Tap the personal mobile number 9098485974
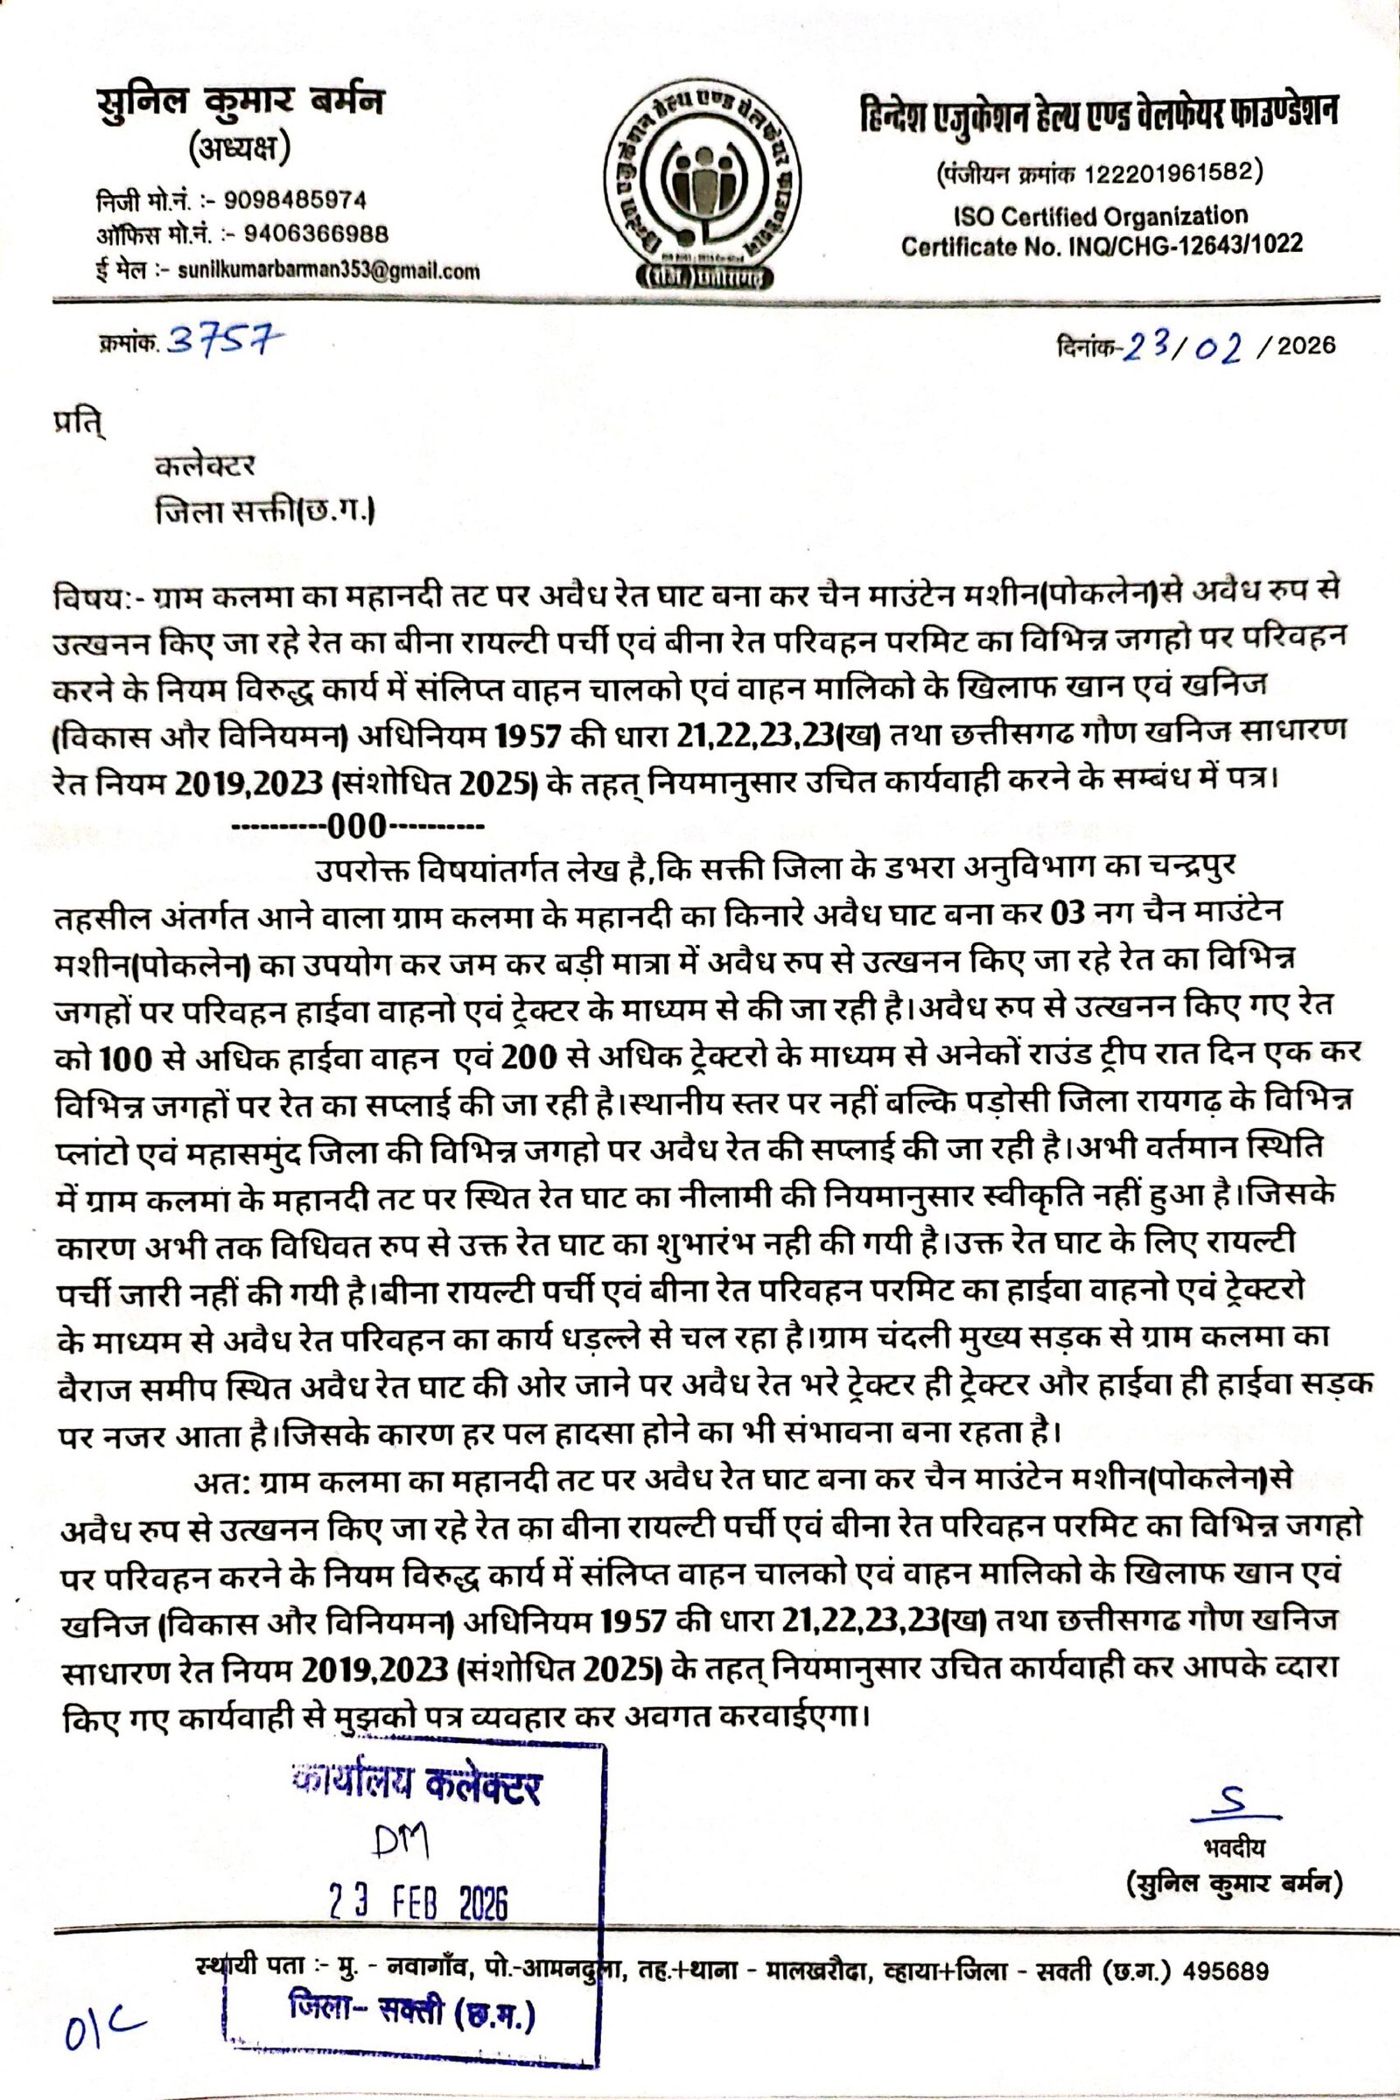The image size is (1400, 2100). pos(294,199)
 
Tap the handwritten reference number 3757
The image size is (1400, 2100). pos(224,341)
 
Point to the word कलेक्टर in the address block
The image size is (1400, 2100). pos(206,465)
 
